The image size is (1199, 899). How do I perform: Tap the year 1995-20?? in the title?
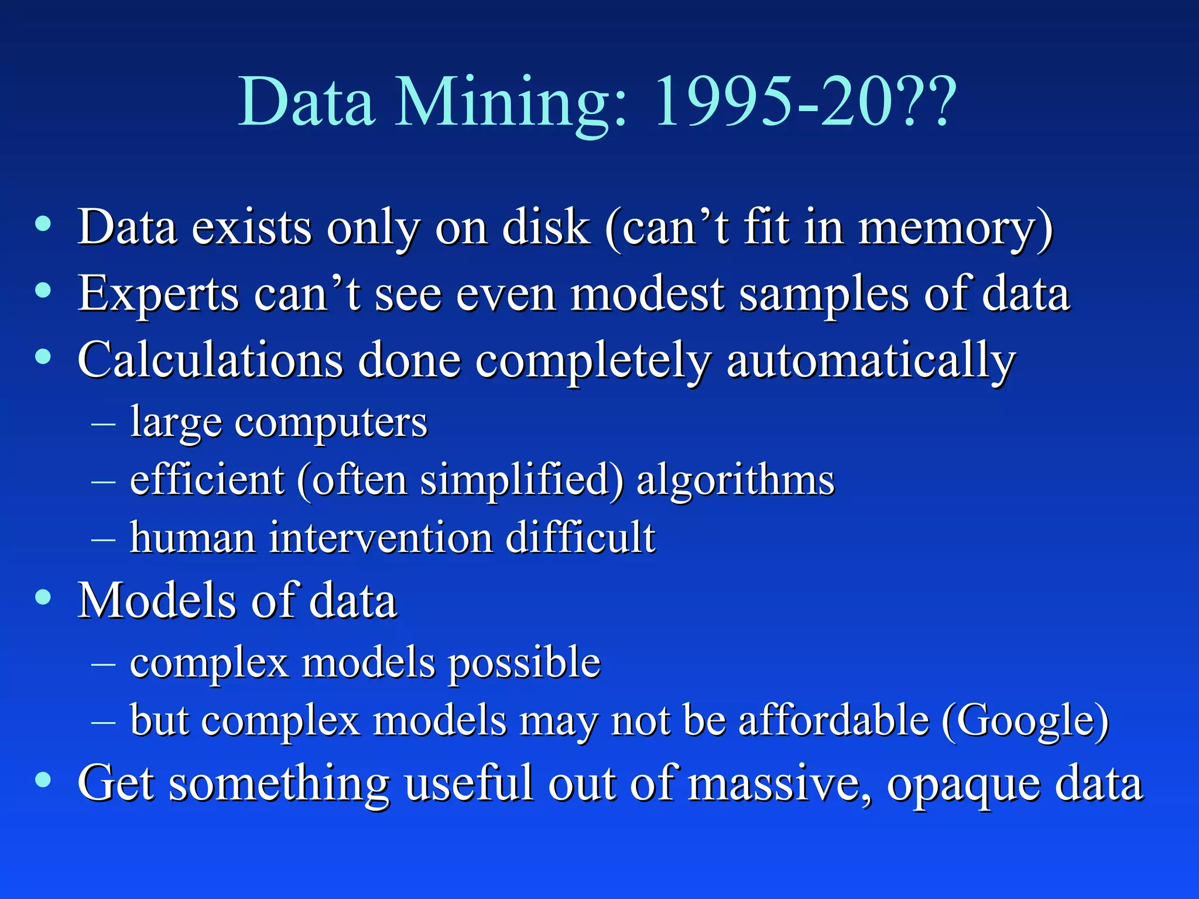tap(806, 102)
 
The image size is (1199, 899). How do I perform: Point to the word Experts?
tap(158, 294)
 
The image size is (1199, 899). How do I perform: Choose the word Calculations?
tap(210, 360)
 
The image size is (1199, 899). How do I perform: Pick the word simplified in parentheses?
tap(521, 480)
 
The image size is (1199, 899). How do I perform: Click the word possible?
tap(525, 663)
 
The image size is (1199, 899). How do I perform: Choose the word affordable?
tap(834, 720)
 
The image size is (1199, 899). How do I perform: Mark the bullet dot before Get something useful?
tap(43, 780)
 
